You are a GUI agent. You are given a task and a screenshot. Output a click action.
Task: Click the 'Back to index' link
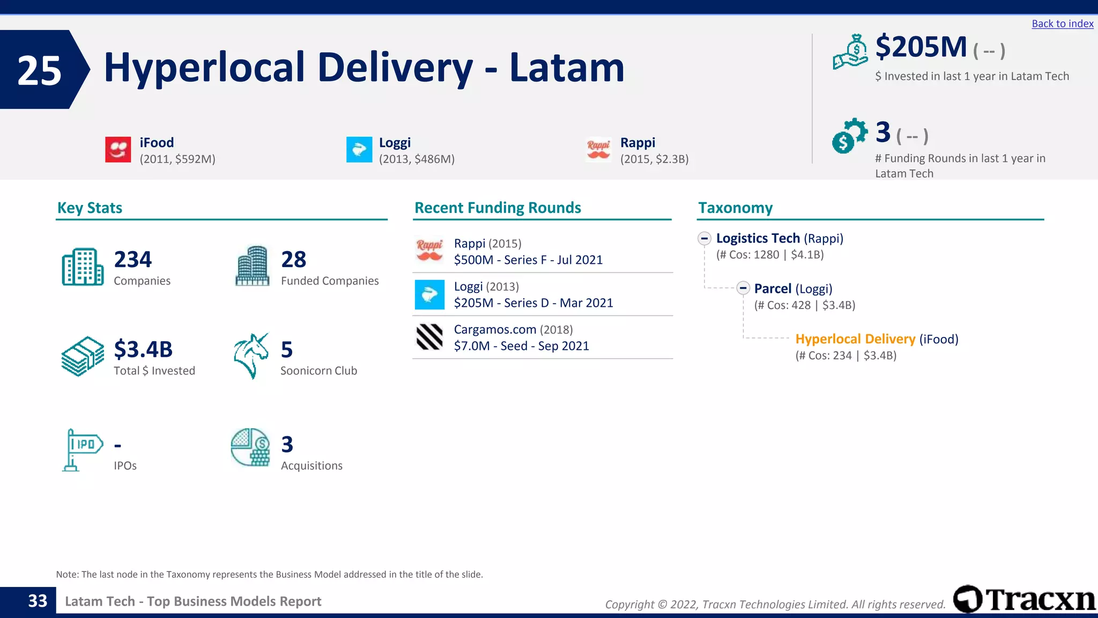point(1062,24)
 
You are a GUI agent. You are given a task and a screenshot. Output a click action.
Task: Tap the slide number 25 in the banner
point(39,70)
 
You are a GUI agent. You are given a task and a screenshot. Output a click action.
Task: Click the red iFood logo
point(118,149)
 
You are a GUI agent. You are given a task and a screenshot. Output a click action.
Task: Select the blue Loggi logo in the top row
point(359,149)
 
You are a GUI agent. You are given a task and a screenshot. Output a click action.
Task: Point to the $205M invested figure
point(921,47)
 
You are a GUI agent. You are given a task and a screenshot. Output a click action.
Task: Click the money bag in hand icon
point(850,52)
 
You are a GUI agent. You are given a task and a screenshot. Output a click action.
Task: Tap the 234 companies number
point(133,260)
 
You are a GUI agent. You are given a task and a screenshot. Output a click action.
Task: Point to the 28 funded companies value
point(294,260)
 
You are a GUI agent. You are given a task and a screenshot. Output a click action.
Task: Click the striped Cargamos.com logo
point(429,337)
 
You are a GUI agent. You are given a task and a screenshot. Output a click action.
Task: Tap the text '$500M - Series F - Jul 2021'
point(528,260)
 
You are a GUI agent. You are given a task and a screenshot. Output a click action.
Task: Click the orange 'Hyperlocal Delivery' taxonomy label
point(855,339)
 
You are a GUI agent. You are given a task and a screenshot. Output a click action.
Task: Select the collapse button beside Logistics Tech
point(704,239)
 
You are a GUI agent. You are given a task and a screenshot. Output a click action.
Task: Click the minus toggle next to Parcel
point(743,289)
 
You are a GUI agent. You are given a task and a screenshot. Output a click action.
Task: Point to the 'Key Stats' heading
point(90,208)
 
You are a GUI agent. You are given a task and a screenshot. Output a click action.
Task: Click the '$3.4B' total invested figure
point(143,350)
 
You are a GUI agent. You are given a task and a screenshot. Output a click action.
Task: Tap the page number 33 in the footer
point(38,601)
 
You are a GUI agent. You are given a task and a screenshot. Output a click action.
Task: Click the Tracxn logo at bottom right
point(1024,599)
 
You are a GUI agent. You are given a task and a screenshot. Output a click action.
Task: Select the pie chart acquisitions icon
point(250,447)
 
